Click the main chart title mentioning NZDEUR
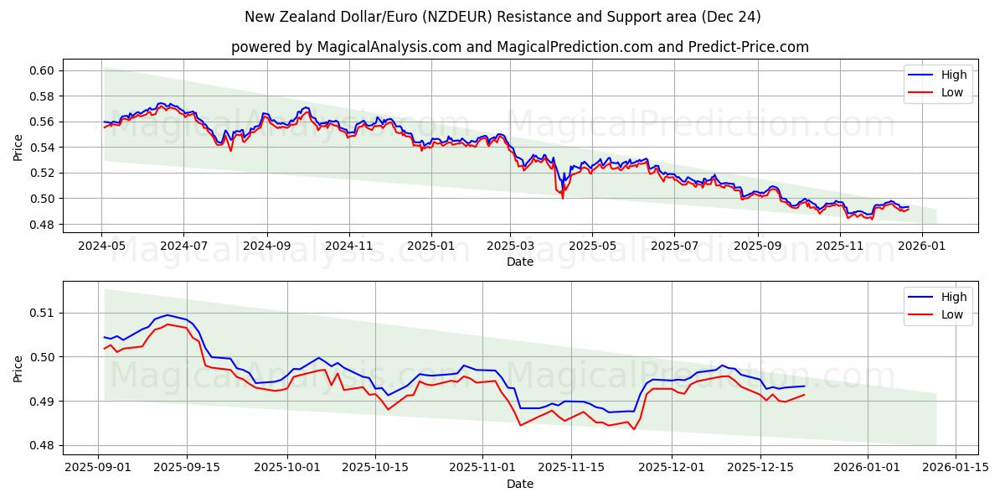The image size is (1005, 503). (502, 17)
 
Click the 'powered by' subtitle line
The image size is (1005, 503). (519, 47)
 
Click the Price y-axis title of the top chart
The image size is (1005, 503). (18, 148)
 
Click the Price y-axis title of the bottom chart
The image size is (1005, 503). (18, 369)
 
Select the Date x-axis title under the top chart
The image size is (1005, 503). (519, 262)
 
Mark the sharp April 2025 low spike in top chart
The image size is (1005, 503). (562, 197)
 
